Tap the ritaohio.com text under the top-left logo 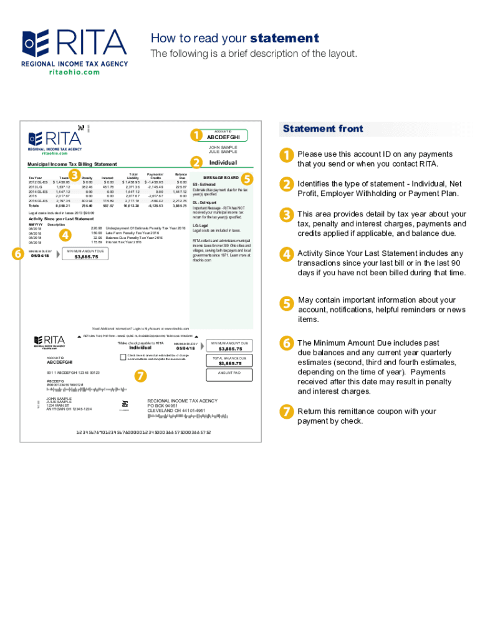(74, 72)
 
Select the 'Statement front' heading (323, 129)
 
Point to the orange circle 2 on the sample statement (196, 163)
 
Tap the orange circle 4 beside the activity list (65, 235)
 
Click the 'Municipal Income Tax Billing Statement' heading (72, 164)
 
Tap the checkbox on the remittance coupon (123, 357)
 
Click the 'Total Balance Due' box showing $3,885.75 (230, 361)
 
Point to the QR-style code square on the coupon (125, 403)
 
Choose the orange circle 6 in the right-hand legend (286, 343)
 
